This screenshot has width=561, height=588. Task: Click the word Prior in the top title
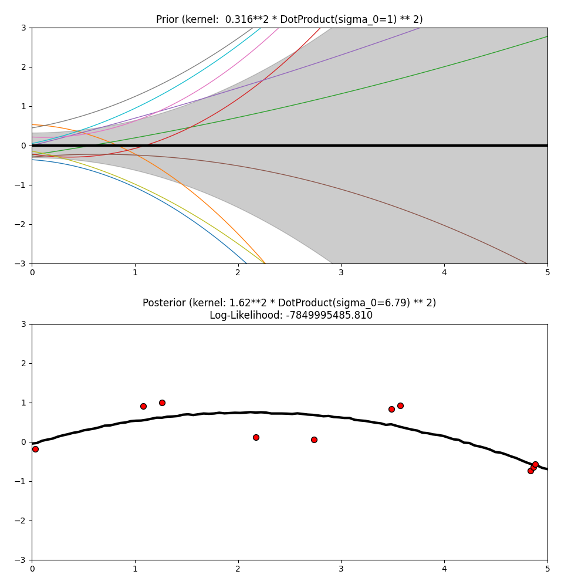click(168, 19)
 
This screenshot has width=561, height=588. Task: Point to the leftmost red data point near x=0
click(35, 449)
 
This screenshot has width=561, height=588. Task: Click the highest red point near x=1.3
click(162, 403)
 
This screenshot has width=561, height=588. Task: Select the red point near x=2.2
click(256, 437)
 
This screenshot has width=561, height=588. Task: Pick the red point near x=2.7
click(314, 440)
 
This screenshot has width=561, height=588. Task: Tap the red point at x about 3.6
click(400, 405)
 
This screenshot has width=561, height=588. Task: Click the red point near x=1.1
click(143, 406)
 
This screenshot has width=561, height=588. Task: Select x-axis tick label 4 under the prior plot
click(444, 272)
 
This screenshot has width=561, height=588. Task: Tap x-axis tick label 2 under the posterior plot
click(238, 569)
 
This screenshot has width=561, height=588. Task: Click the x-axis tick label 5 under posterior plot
click(548, 569)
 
